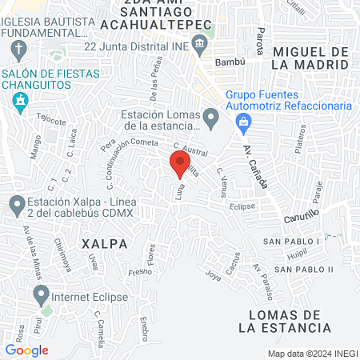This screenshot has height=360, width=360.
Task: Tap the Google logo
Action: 26,350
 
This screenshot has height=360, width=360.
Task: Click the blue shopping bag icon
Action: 242,122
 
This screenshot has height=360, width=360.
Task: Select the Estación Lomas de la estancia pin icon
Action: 211,120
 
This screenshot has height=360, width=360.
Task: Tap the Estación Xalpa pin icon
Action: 16,206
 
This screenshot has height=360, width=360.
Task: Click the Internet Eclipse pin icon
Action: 40,296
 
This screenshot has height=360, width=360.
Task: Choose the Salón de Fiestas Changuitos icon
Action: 20,101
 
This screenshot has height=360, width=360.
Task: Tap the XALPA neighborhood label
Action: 104,242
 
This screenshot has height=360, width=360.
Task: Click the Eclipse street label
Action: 242,206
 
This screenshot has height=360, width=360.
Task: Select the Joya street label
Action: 213,277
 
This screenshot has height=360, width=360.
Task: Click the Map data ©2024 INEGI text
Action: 312,354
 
